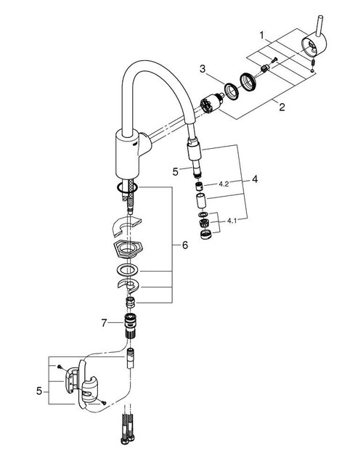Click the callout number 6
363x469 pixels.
184,246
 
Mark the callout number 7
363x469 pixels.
104,322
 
